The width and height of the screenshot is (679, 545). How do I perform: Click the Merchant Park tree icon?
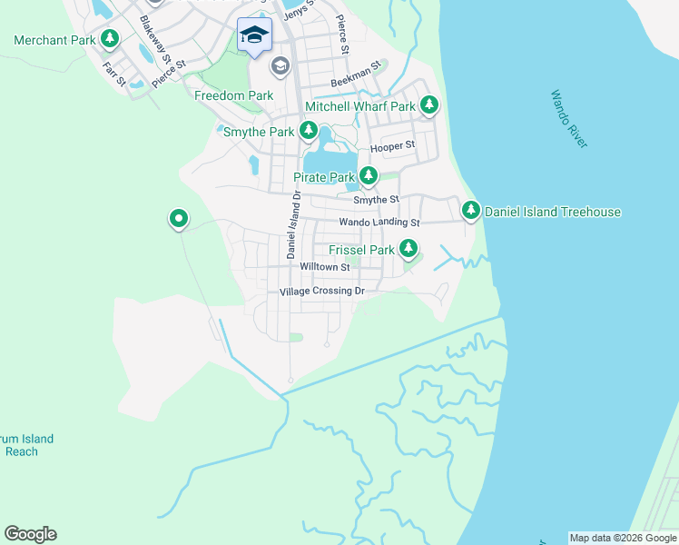tap(110, 38)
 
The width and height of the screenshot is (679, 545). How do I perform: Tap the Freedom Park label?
tap(233, 95)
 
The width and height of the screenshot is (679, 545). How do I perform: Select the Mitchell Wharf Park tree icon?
tap(428, 106)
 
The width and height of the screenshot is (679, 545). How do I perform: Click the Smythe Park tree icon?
tap(309, 132)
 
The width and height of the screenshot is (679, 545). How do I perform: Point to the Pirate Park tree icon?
tap(368, 175)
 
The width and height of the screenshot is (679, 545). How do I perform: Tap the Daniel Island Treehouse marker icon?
tap(471, 211)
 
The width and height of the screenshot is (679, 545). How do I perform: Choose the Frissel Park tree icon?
tap(408, 248)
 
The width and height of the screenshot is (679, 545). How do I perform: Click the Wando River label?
tap(569, 118)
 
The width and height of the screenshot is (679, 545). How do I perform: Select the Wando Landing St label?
tap(379, 222)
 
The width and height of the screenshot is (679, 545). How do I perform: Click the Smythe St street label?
tap(376, 199)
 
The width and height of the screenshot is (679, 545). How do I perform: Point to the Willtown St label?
tap(325, 267)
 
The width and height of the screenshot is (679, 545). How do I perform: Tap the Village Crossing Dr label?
tap(321, 292)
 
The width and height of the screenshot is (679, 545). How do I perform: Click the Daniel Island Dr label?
tap(292, 225)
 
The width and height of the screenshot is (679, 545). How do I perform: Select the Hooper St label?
tap(392, 145)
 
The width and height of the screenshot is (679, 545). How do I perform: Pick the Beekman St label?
tap(354, 82)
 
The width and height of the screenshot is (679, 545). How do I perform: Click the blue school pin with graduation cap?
tap(254, 35)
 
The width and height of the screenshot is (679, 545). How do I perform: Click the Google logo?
tap(30, 534)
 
